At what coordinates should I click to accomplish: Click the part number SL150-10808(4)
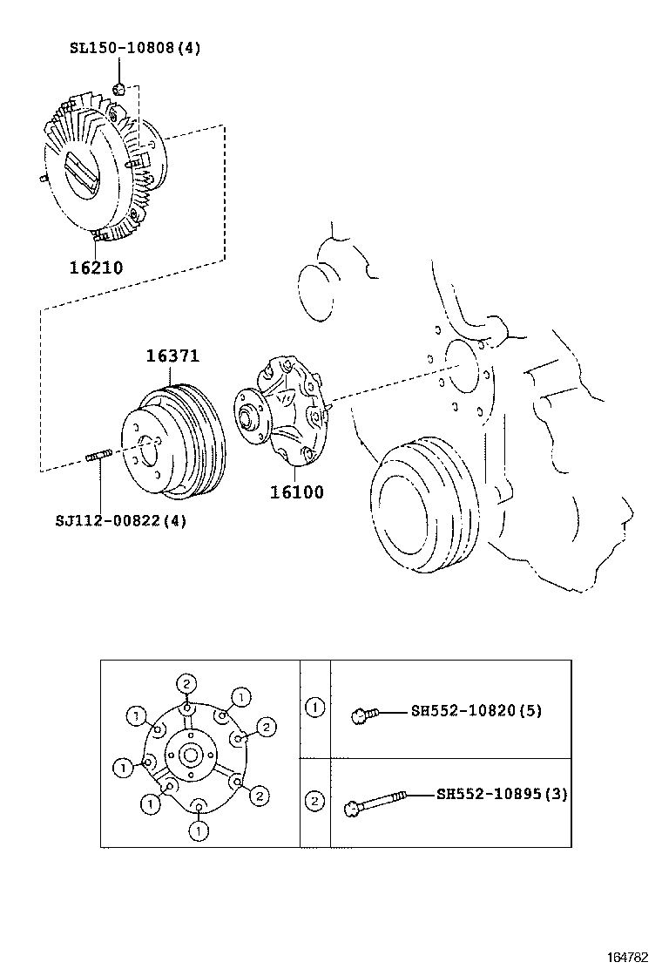click(x=134, y=48)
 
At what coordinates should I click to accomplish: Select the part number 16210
click(x=96, y=267)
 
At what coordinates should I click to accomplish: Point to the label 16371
click(x=172, y=356)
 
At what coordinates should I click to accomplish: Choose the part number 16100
click(x=296, y=492)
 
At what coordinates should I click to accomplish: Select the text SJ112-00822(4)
click(x=120, y=521)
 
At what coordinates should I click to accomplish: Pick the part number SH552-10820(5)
click(x=476, y=710)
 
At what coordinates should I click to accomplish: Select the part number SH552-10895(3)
click(x=502, y=794)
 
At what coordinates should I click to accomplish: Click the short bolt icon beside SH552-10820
click(x=364, y=715)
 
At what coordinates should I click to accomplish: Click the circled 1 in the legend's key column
click(x=314, y=708)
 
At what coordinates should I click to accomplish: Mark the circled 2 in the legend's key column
click(x=314, y=801)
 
